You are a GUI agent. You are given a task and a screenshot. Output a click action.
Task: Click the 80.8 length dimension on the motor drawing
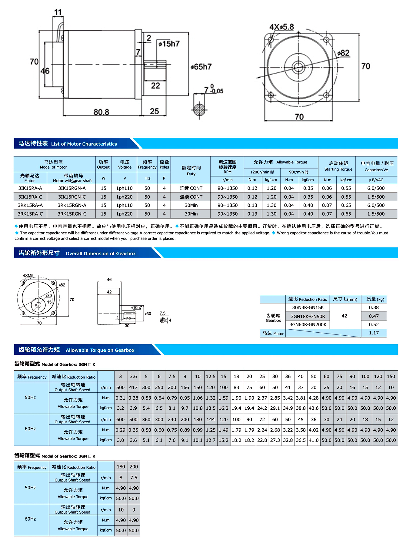(x=101, y=112)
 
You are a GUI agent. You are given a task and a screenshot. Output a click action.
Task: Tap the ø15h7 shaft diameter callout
(x=169, y=44)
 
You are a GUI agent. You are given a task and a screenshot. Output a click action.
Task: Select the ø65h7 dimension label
(x=201, y=67)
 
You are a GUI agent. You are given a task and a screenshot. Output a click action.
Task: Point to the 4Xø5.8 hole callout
(x=281, y=27)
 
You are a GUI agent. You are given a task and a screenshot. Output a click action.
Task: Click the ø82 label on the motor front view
(x=343, y=53)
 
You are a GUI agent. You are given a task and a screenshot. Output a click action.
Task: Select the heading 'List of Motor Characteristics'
(x=84, y=144)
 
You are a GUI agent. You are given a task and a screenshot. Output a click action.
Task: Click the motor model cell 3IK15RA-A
(x=30, y=188)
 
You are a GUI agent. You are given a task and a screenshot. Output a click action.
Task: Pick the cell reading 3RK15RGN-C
(x=72, y=214)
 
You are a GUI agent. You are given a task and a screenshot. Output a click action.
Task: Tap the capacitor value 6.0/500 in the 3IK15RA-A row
(x=376, y=188)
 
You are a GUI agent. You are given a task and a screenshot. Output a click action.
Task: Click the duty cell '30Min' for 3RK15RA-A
(x=191, y=205)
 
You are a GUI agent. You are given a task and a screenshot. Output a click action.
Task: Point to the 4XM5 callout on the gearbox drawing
(x=28, y=276)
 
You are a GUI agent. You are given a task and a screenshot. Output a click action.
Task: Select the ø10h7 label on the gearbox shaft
(x=136, y=307)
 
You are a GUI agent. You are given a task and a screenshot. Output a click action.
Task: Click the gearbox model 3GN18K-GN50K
(x=308, y=316)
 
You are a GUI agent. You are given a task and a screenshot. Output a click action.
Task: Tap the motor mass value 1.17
(x=374, y=333)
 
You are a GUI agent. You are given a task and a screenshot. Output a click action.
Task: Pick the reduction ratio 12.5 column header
(x=211, y=376)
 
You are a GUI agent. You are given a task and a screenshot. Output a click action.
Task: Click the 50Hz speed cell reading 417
(x=133, y=387)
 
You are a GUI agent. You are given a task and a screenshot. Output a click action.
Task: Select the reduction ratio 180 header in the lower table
(x=121, y=467)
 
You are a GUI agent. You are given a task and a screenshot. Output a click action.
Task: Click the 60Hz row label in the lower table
(x=30, y=519)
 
